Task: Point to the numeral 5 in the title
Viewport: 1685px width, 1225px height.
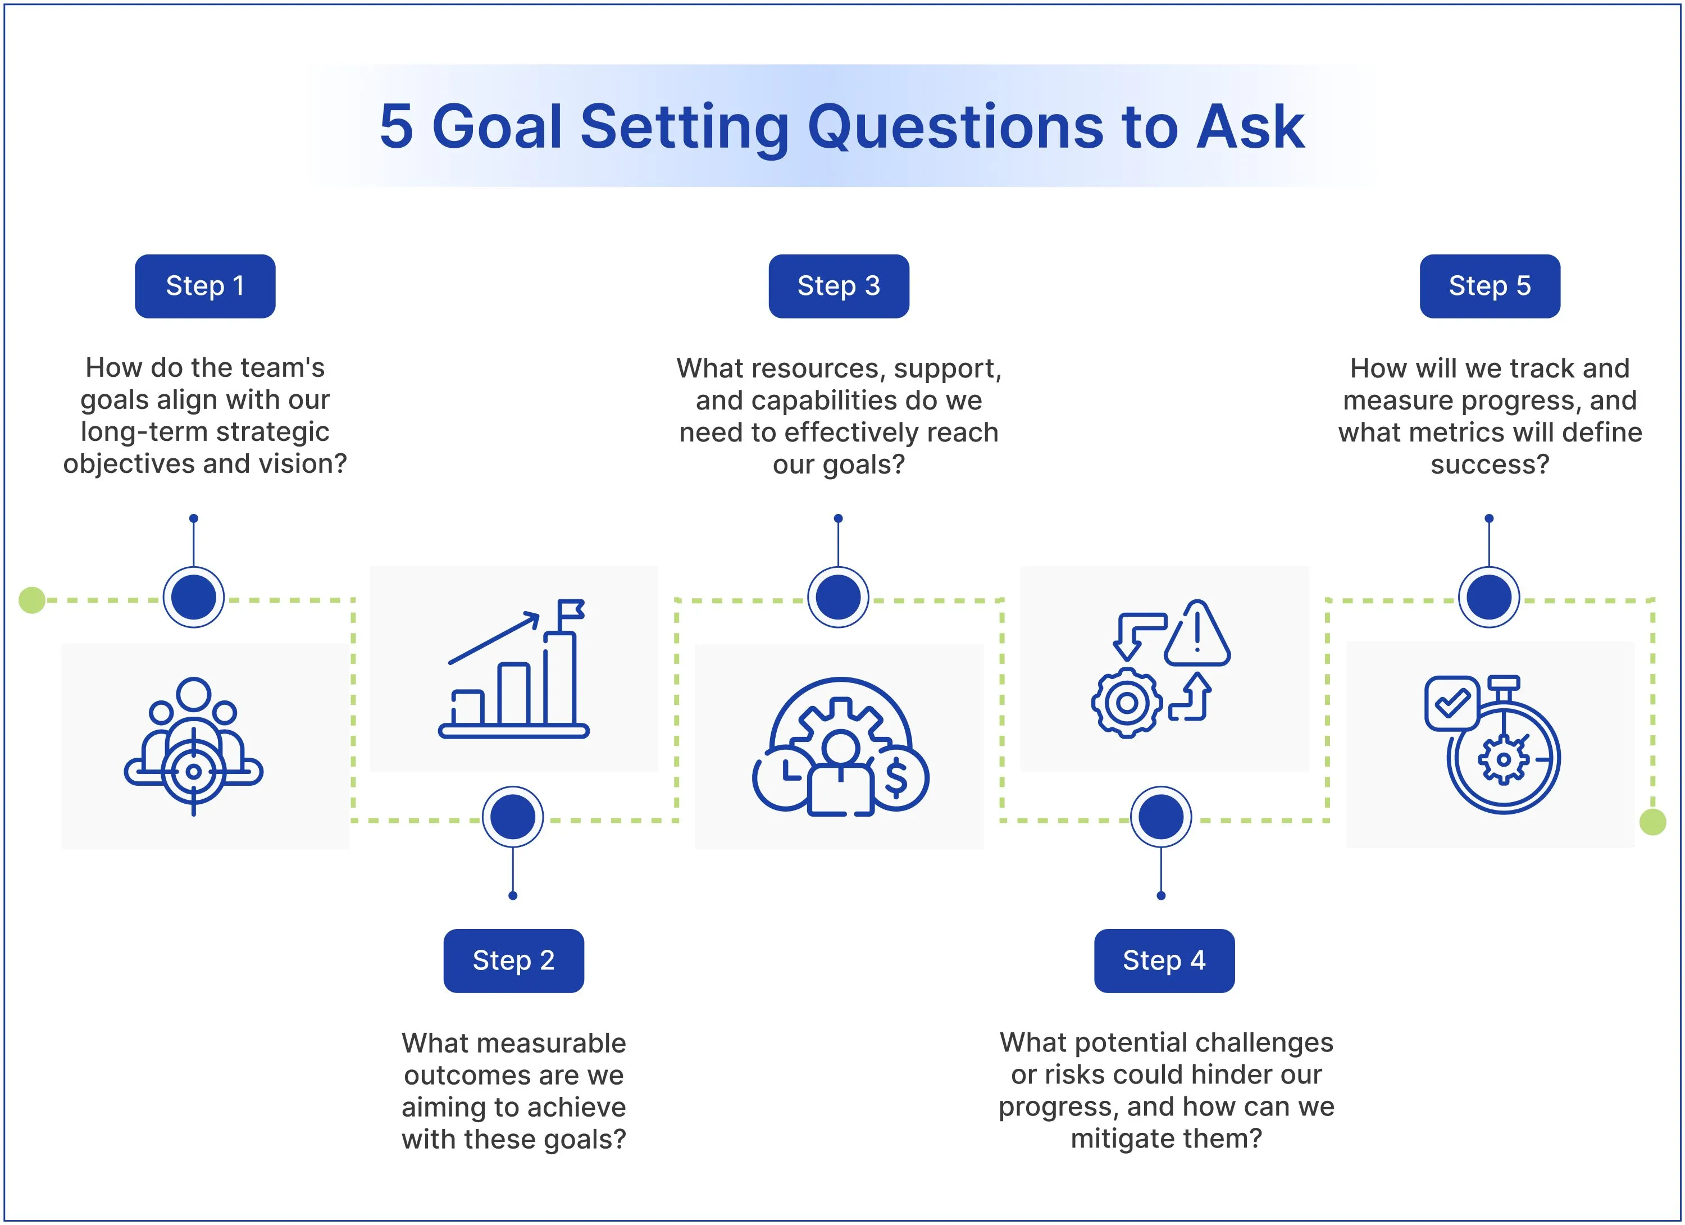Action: pyautogui.click(x=396, y=127)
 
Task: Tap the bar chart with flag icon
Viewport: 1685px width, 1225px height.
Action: pyautogui.click(x=513, y=668)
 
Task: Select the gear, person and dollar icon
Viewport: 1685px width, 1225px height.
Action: pyautogui.click(x=840, y=746)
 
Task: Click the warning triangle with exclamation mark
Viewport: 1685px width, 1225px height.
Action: pyautogui.click(x=1197, y=634)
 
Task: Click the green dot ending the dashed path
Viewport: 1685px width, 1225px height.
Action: pyautogui.click(x=1652, y=822)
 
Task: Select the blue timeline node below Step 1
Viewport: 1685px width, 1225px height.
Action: pyautogui.click(x=194, y=597)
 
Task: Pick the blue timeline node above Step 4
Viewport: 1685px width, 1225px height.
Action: pyautogui.click(x=1161, y=817)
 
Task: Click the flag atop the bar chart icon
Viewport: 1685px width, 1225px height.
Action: pyautogui.click(x=571, y=610)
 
